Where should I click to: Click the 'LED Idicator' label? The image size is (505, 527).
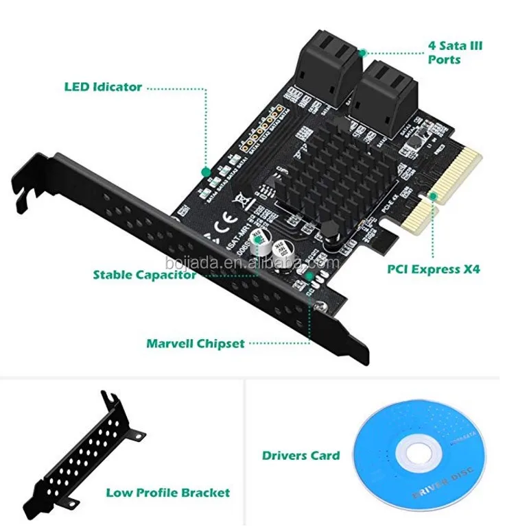103,87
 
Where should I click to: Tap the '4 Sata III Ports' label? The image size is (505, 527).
455,53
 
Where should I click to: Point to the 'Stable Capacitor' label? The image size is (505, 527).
145,275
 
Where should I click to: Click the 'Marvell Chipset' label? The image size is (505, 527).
195,343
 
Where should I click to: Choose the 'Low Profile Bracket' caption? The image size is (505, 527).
167,492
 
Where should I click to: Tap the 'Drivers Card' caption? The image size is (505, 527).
301,455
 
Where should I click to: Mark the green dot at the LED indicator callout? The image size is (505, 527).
204,171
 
